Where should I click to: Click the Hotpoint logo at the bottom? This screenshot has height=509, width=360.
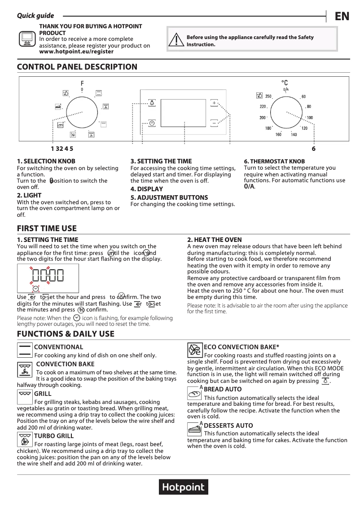(x=183, y=487)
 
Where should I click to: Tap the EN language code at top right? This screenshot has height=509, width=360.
(x=342, y=17)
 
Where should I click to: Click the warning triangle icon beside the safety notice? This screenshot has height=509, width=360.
(x=178, y=40)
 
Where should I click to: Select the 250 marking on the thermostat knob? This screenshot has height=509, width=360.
(x=268, y=97)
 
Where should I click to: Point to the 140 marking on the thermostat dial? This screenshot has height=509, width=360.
(x=294, y=135)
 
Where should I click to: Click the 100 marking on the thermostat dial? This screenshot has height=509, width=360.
(x=310, y=118)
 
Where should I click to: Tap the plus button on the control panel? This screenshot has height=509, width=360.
(x=214, y=103)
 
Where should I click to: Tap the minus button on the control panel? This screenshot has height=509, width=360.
(x=214, y=123)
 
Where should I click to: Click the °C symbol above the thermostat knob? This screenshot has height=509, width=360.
(x=285, y=83)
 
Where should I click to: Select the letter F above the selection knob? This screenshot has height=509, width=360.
(x=82, y=83)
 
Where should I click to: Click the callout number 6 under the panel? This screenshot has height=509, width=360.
(x=313, y=149)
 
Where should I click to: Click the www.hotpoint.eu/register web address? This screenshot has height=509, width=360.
(x=76, y=52)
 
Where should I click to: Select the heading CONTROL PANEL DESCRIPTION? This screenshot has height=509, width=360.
(x=77, y=67)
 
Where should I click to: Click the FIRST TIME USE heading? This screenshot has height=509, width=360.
(x=47, y=228)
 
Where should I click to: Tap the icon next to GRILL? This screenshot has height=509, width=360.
(x=25, y=394)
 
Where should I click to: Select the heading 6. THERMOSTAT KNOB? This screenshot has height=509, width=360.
(x=274, y=161)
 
